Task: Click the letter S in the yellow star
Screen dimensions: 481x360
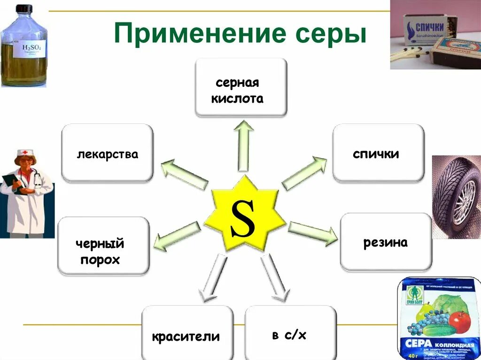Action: point(242,219)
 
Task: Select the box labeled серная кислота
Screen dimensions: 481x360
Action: point(240,87)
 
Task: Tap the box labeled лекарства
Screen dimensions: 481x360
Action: point(108,153)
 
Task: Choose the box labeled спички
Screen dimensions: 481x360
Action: point(378,153)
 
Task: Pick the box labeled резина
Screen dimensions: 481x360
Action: point(386,242)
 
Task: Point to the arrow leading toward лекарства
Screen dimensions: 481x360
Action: point(184,174)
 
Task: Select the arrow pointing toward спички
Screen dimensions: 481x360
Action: point(304,174)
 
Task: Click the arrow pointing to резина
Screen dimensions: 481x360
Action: point(312,232)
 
